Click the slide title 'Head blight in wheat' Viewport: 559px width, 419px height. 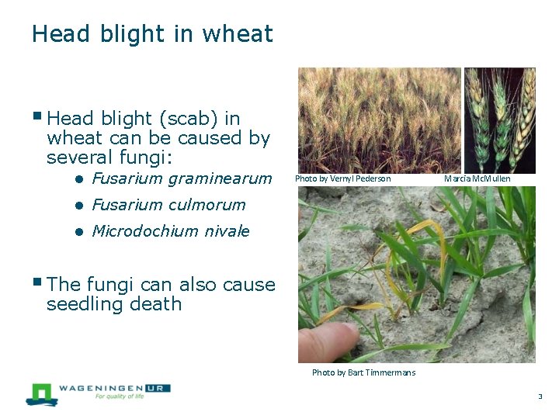click(152, 34)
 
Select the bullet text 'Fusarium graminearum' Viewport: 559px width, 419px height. click(182, 179)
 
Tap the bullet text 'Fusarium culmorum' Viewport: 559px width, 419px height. click(168, 206)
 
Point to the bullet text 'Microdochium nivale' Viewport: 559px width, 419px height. click(171, 231)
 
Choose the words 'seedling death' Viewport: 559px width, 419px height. click(114, 304)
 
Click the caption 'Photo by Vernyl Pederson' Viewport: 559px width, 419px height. click(342, 179)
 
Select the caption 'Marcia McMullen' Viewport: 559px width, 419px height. click(477, 179)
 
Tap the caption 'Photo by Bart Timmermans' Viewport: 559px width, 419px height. click(363, 373)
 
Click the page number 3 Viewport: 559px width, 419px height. click(540, 396)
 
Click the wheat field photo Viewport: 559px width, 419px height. click(379, 119)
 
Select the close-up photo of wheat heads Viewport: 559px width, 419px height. click(499, 119)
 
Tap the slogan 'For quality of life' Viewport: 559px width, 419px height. click(120, 396)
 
